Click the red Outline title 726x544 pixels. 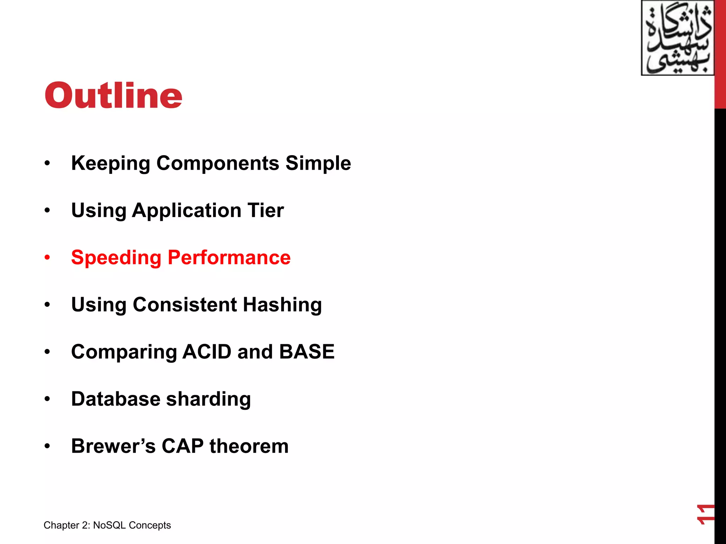coord(113,96)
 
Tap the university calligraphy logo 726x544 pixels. coord(677,38)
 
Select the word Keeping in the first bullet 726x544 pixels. coord(111,164)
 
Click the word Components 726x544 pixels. coord(218,164)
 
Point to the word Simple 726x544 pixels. coord(318,164)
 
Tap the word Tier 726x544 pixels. coord(266,210)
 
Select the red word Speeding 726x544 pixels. coord(116,258)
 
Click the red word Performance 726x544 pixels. coord(229,257)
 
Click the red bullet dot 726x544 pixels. coord(47,257)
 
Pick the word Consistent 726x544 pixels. coord(185,305)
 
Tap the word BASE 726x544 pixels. coord(307,352)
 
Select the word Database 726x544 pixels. coord(116,399)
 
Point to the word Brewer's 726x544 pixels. coord(113,446)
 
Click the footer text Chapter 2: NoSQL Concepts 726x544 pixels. coord(107,525)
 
